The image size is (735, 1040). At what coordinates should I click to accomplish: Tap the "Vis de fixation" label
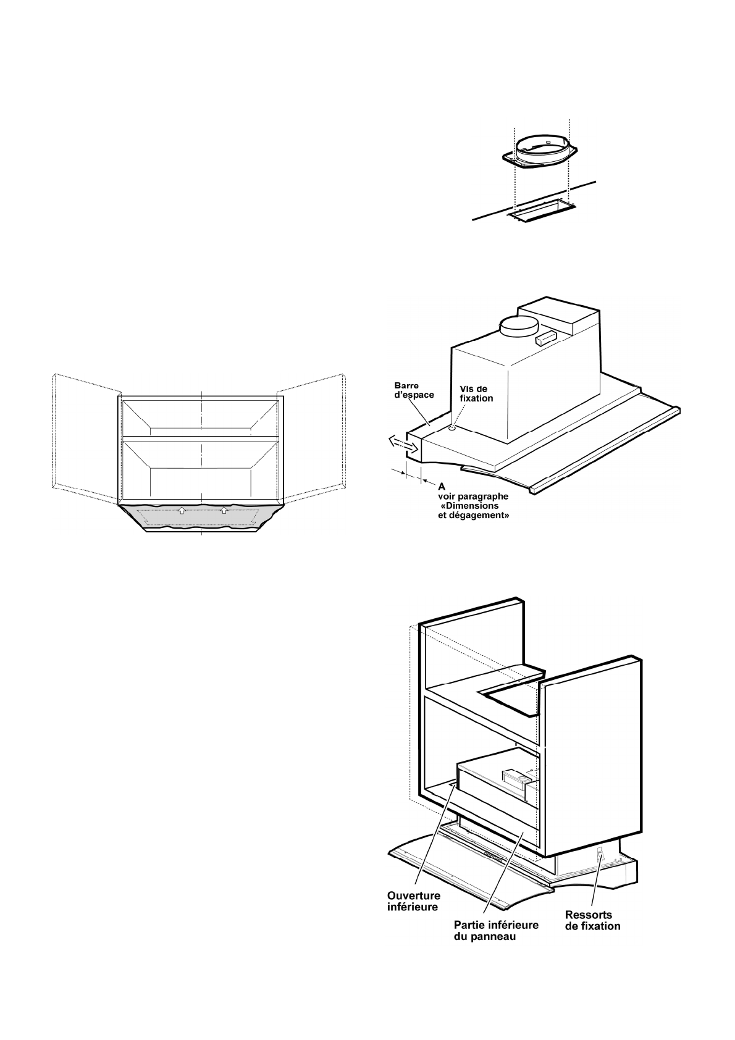(x=477, y=393)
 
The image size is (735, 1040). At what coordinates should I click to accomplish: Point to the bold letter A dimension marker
(x=442, y=487)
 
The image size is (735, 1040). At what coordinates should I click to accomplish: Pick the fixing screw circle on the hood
(x=453, y=427)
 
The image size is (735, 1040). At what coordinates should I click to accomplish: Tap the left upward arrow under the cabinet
(x=182, y=510)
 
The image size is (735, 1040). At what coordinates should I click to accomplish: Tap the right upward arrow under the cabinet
(x=224, y=510)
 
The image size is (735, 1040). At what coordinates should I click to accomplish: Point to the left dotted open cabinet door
(x=85, y=432)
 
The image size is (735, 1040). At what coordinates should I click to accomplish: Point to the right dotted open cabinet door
(x=311, y=432)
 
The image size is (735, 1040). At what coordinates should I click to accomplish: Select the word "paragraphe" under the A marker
(x=485, y=496)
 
